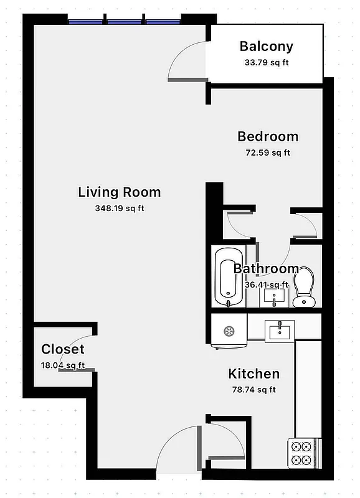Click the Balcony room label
tap(266, 46)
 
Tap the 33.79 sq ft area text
tap(266, 62)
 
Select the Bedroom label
tap(268, 136)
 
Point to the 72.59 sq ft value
tap(268, 152)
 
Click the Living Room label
tap(119, 192)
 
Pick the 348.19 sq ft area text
tap(119, 209)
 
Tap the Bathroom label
tap(266, 269)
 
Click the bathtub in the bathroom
tap(228, 277)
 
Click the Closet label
tap(62, 349)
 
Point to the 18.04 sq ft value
tap(62, 365)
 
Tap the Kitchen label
tap(253, 374)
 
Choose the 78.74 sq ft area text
tap(253, 390)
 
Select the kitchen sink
tap(280, 331)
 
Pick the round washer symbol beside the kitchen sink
tap(228, 331)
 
